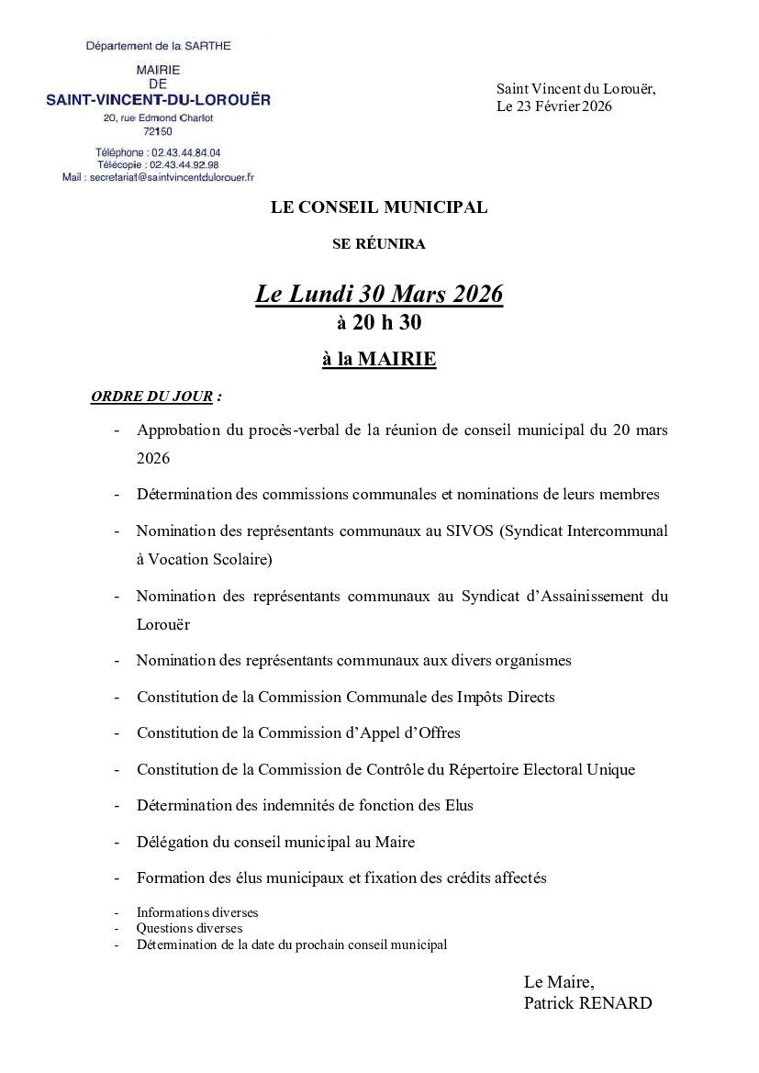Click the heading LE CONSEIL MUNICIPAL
(379, 207)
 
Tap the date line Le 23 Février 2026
(553, 106)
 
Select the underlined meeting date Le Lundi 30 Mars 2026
(379, 294)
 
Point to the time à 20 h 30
(379, 322)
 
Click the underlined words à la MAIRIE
(379, 360)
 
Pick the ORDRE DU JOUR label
(152, 397)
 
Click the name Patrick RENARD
(587, 1003)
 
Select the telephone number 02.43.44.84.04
(180, 152)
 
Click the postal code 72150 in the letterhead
(158, 131)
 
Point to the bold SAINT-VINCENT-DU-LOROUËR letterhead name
(158, 99)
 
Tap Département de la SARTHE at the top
(158, 46)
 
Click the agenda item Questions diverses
(189, 928)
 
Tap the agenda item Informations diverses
(197, 912)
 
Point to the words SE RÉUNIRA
(379, 244)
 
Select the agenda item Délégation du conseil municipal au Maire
(275, 841)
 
